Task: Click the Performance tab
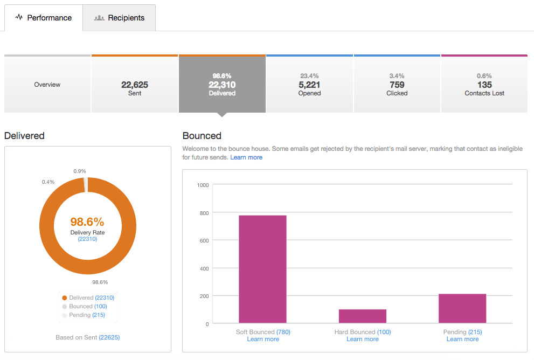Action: (x=43, y=18)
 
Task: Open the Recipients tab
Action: (x=119, y=18)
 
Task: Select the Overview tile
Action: (x=47, y=85)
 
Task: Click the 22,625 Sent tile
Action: (x=135, y=85)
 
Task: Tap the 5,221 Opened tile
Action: (x=309, y=85)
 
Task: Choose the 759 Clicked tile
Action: (x=397, y=85)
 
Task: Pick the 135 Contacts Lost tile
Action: (x=484, y=85)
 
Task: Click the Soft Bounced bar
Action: (x=262, y=269)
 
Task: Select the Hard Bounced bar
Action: (x=363, y=316)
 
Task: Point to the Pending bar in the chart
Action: (x=462, y=308)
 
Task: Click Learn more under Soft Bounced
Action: (x=263, y=339)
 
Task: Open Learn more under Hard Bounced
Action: (x=363, y=339)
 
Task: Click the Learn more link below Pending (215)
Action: (x=462, y=339)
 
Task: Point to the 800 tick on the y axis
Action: (x=203, y=212)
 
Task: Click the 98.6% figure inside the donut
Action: (x=87, y=221)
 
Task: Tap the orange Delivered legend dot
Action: (x=65, y=297)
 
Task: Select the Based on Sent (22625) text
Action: (x=87, y=337)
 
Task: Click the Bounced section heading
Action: (x=202, y=136)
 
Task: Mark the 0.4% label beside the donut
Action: (x=48, y=182)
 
